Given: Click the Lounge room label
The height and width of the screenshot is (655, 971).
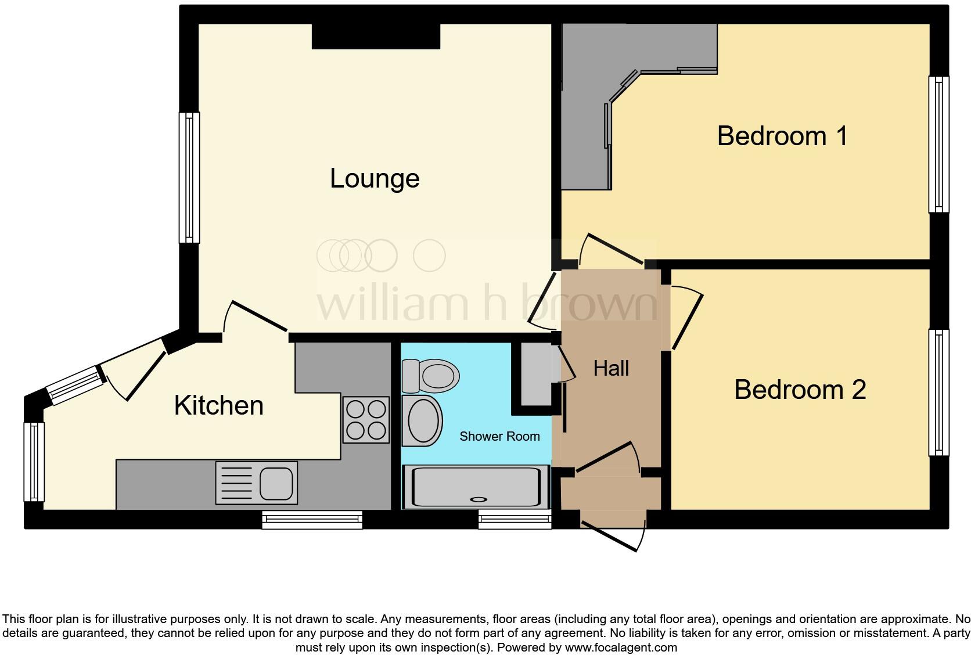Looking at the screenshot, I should coord(375,178).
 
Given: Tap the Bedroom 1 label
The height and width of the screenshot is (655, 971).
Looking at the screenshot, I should coord(782,136).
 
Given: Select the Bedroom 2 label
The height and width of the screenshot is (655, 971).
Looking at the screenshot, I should coord(800,390).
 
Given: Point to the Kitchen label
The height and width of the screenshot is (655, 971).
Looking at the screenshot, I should coord(219,405).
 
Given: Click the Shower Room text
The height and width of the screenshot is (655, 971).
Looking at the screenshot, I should coord(499,437).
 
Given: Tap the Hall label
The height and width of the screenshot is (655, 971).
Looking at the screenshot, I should coord(611,368).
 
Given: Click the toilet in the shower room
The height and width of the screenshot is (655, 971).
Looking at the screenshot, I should coord(431,375).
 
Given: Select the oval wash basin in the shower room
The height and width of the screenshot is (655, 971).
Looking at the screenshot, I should coord(422,421).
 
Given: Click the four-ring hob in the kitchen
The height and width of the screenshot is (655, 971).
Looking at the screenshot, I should coord(366,420).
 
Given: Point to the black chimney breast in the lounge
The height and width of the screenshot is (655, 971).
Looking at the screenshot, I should coord(376,37).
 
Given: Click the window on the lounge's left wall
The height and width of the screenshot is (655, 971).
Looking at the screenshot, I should coord(189,177).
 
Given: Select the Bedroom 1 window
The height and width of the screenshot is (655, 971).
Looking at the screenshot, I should coord(938,144).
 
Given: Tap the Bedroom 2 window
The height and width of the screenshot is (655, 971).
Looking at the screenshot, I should coord(938,393).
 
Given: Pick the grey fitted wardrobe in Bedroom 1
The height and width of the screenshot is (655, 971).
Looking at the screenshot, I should coord(587,105).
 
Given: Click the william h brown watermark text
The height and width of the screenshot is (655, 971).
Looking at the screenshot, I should coord(487,304).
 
